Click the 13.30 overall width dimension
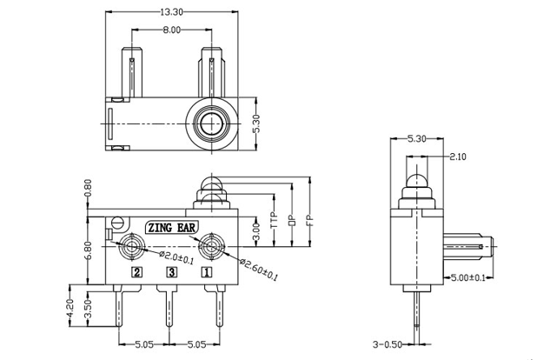point(170,12)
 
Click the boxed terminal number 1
point(207,272)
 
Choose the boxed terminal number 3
point(171,272)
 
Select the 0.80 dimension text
point(88,190)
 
